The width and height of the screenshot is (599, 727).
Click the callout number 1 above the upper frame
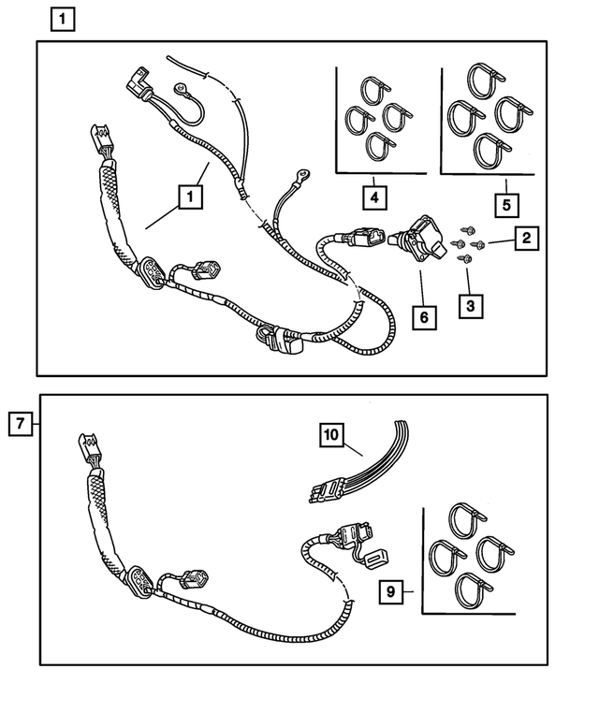click(x=63, y=19)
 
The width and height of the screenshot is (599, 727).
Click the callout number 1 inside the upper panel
click(x=190, y=197)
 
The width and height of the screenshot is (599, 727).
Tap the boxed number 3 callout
click(x=469, y=306)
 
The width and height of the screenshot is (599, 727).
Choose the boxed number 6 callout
click(x=424, y=317)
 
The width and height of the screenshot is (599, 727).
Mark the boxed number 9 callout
click(x=392, y=591)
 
